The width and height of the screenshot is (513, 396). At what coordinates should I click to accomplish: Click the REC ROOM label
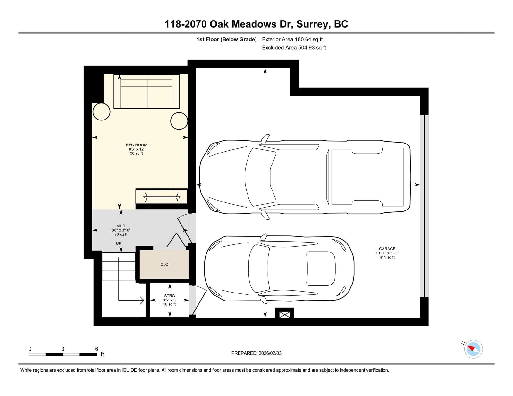click(x=137, y=145)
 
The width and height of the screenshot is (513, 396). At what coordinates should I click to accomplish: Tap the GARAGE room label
click(x=387, y=249)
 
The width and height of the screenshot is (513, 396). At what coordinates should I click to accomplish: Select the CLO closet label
click(x=164, y=264)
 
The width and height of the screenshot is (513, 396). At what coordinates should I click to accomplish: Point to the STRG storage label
click(x=170, y=296)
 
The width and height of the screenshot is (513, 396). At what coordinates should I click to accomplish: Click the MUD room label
click(x=121, y=226)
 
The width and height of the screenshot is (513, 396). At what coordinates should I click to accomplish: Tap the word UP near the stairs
click(x=119, y=243)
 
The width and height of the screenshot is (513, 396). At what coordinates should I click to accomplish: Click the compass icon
click(x=473, y=349)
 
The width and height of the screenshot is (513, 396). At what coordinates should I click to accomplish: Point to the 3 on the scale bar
click(x=63, y=349)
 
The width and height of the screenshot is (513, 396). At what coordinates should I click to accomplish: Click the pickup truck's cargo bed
click(x=367, y=176)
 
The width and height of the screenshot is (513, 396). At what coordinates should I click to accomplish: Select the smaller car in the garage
click(x=279, y=268)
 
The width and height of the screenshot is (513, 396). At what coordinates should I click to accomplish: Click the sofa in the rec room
click(x=147, y=92)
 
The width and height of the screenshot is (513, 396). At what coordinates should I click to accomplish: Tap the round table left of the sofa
click(x=102, y=111)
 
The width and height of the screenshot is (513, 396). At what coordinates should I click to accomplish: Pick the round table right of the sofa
click(x=179, y=121)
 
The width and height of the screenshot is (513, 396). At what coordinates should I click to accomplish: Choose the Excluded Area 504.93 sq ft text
click(x=294, y=48)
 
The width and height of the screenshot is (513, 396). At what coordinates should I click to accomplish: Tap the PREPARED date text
click(x=256, y=353)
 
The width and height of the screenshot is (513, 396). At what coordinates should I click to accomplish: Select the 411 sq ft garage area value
click(x=387, y=257)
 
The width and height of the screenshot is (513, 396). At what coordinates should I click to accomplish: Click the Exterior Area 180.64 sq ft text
click(x=292, y=39)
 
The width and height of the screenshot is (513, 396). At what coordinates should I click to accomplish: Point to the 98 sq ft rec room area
click(x=137, y=153)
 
